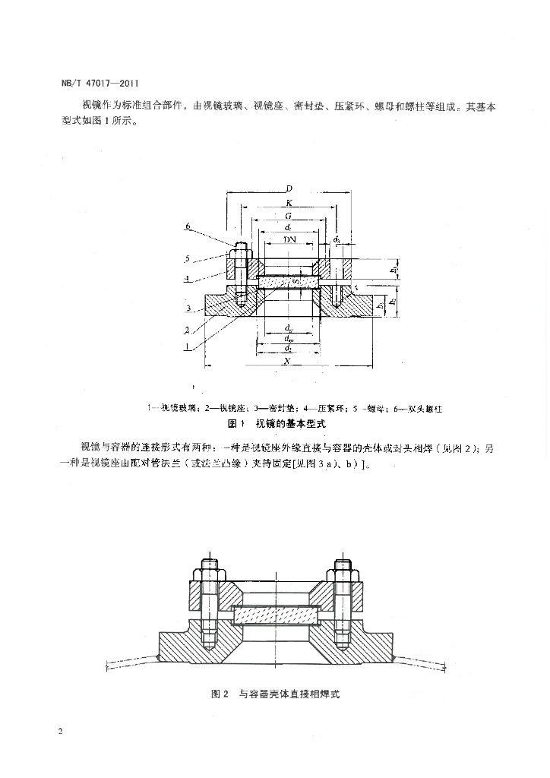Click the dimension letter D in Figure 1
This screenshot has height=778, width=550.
[289, 188]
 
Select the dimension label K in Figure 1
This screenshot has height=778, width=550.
[289, 203]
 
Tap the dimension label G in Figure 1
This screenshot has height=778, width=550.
[289, 217]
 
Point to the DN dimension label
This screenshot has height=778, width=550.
[289, 239]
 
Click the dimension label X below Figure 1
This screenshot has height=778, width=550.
[289, 362]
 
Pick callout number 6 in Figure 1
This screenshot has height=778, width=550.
[188, 226]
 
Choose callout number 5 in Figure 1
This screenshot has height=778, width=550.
[187, 258]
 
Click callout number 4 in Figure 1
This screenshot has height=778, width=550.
[187, 277]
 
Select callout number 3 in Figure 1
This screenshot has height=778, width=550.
[187, 307]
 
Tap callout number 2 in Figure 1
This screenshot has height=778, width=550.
[187, 330]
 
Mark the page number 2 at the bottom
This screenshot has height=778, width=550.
[59, 731]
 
